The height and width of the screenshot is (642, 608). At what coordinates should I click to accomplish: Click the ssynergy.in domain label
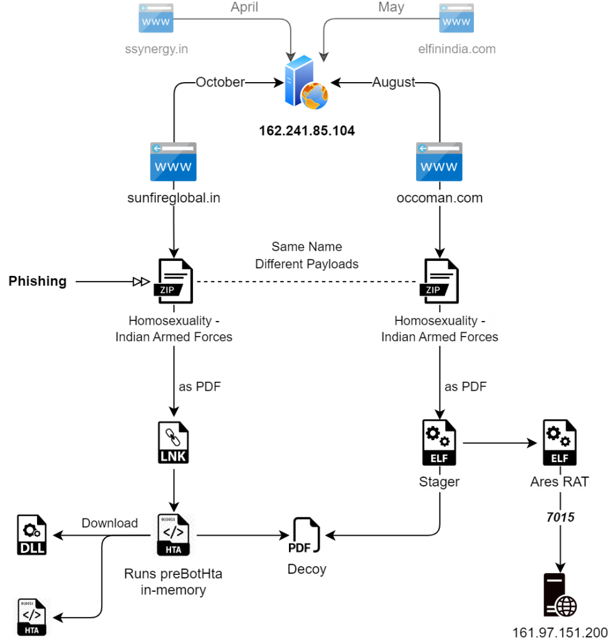tap(157, 49)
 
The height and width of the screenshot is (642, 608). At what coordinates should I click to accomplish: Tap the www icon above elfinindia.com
tap(456, 18)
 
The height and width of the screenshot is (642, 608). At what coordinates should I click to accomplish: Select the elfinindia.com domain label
tap(457, 49)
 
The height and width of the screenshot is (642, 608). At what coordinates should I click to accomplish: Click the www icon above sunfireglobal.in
tap(173, 162)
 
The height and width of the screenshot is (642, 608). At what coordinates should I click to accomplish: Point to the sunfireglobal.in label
tap(174, 199)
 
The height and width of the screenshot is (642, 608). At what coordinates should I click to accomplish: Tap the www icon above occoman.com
tap(439, 162)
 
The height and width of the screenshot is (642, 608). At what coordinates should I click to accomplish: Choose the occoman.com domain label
tap(439, 199)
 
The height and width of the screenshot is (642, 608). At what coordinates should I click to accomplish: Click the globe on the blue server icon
tap(315, 97)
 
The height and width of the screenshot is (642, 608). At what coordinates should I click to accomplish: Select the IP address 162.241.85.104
tap(307, 131)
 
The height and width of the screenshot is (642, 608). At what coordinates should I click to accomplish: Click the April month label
tap(244, 8)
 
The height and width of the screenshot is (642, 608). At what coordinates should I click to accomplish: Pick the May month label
tap(391, 8)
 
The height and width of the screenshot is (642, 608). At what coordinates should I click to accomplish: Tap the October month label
tap(220, 83)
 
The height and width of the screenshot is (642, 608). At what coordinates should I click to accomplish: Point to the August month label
tap(394, 83)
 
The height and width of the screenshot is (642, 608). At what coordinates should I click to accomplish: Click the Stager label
tap(439, 483)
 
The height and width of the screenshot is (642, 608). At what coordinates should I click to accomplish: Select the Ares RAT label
tap(560, 483)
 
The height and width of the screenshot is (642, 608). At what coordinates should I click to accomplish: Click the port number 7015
tap(560, 517)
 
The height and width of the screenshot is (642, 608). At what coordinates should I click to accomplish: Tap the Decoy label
tap(307, 569)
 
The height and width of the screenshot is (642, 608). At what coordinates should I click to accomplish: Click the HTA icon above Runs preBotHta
tap(173, 535)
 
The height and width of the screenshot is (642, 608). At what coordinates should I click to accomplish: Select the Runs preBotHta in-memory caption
tap(174, 582)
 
